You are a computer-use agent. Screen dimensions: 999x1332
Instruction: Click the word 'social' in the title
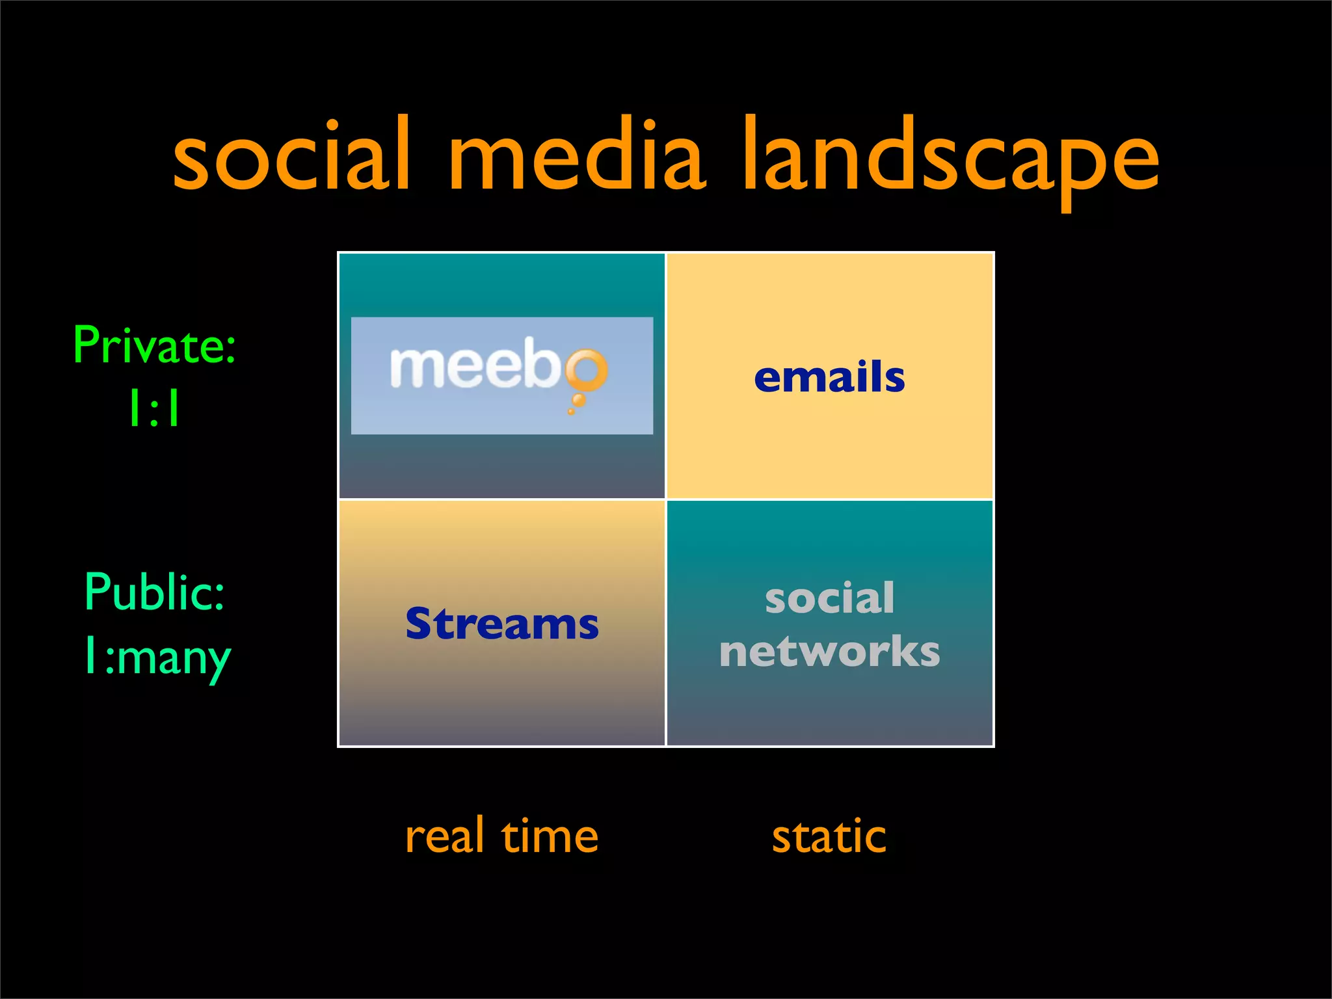click(291, 158)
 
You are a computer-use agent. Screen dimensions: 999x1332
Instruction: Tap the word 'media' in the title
click(576, 158)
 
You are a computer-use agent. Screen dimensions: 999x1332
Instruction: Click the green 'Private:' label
click(155, 345)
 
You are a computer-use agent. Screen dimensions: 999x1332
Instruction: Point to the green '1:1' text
click(155, 409)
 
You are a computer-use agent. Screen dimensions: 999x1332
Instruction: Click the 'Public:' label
click(155, 592)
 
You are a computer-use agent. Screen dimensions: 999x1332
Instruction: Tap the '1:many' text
click(157, 658)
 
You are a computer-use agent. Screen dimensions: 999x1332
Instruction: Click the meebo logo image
click(501, 375)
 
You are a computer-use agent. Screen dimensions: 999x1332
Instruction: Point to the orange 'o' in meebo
click(587, 369)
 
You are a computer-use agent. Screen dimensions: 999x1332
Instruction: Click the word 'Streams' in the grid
click(501, 624)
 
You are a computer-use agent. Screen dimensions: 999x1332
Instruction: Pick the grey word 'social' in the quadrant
click(829, 598)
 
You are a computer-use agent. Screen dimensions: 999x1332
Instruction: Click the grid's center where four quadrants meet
click(666, 499)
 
